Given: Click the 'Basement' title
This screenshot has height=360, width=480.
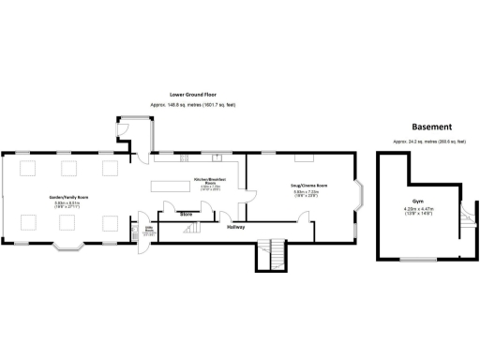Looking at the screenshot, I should pyautogui.click(x=432, y=127).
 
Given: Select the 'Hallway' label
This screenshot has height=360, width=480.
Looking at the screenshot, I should pyautogui.click(x=236, y=226).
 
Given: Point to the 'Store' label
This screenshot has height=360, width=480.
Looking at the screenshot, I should pyautogui.click(x=187, y=215).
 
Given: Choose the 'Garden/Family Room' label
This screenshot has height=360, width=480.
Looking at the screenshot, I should pyautogui.click(x=69, y=197).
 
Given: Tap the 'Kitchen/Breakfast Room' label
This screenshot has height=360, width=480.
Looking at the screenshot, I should pyautogui.click(x=206, y=180).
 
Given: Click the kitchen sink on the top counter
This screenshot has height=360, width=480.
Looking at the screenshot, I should pyautogui.click(x=216, y=157).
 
